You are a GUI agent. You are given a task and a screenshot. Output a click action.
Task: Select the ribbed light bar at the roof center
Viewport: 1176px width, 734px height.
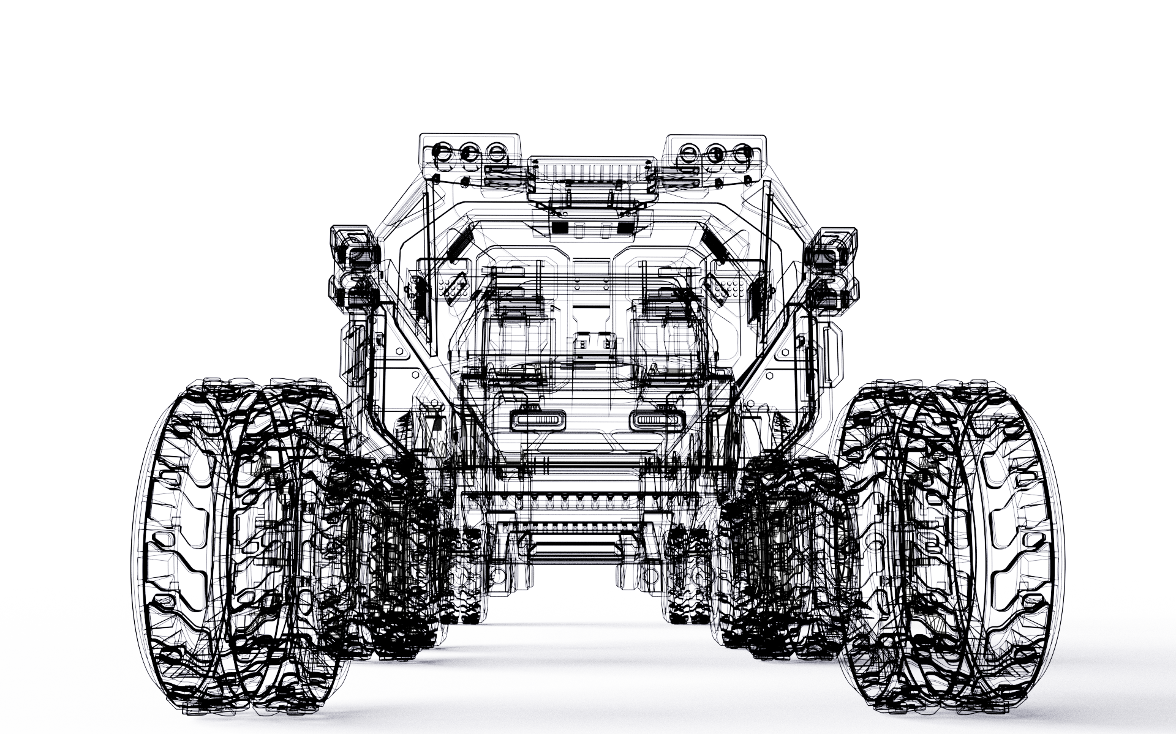[x=590, y=169]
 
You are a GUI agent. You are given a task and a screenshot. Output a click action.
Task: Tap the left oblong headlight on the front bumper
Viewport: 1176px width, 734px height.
[x=537, y=421]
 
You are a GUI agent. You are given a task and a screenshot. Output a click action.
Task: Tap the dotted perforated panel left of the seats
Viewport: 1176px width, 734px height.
[x=451, y=285]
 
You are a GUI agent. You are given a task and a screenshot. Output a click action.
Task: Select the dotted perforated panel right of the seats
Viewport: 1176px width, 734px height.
[x=728, y=285]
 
